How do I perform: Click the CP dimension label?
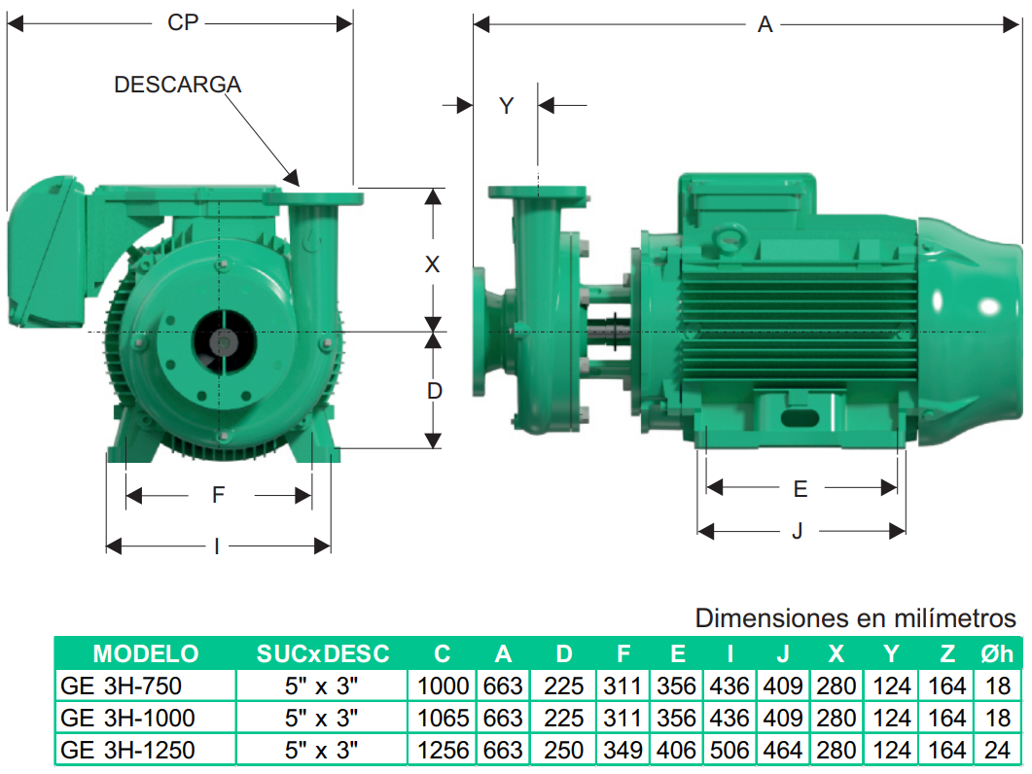[183, 23]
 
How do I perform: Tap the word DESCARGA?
[178, 85]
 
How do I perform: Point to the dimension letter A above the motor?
[765, 25]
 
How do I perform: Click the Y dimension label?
[506, 106]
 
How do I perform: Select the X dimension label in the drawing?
[432, 264]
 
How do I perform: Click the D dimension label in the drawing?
[434, 391]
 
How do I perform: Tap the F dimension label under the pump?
[218, 494]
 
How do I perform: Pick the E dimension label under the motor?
[801, 489]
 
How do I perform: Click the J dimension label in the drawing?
[798, 531]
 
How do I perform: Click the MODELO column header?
[146, 653]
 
